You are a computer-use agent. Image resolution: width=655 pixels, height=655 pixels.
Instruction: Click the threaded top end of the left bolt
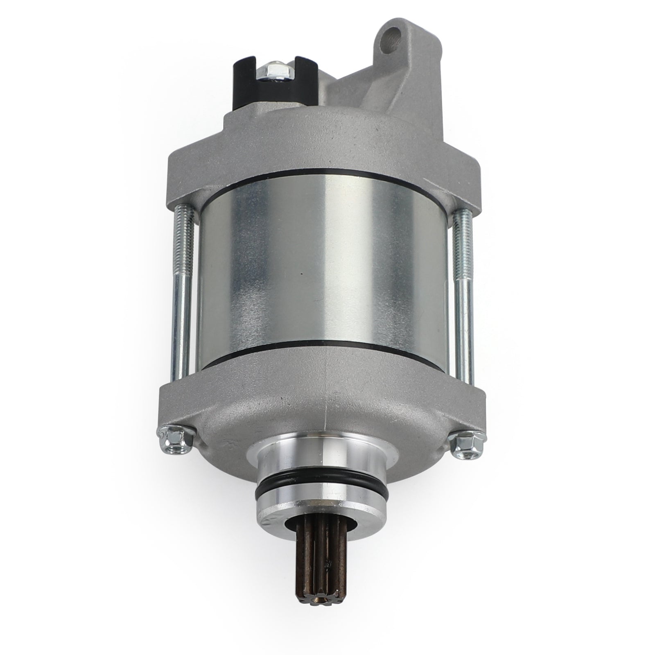pyautogui.click(x=183, y=229)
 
